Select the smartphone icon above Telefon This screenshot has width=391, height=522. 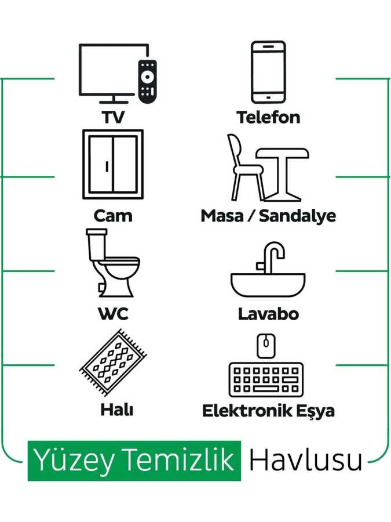click(x=268, y=71)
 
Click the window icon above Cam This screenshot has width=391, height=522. click(x=112, y=164)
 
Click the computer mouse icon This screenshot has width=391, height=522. click(x=266, y=346)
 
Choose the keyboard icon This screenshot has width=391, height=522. click(x=266, y=379)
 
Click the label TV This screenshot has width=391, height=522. click(x=113, y=118)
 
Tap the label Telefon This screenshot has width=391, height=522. click(x=268, y=118)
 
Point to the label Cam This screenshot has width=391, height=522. click(x=113, y=216)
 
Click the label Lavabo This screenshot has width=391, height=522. click(x=268, y=314)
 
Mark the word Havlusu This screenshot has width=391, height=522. click(x=305, y=460)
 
